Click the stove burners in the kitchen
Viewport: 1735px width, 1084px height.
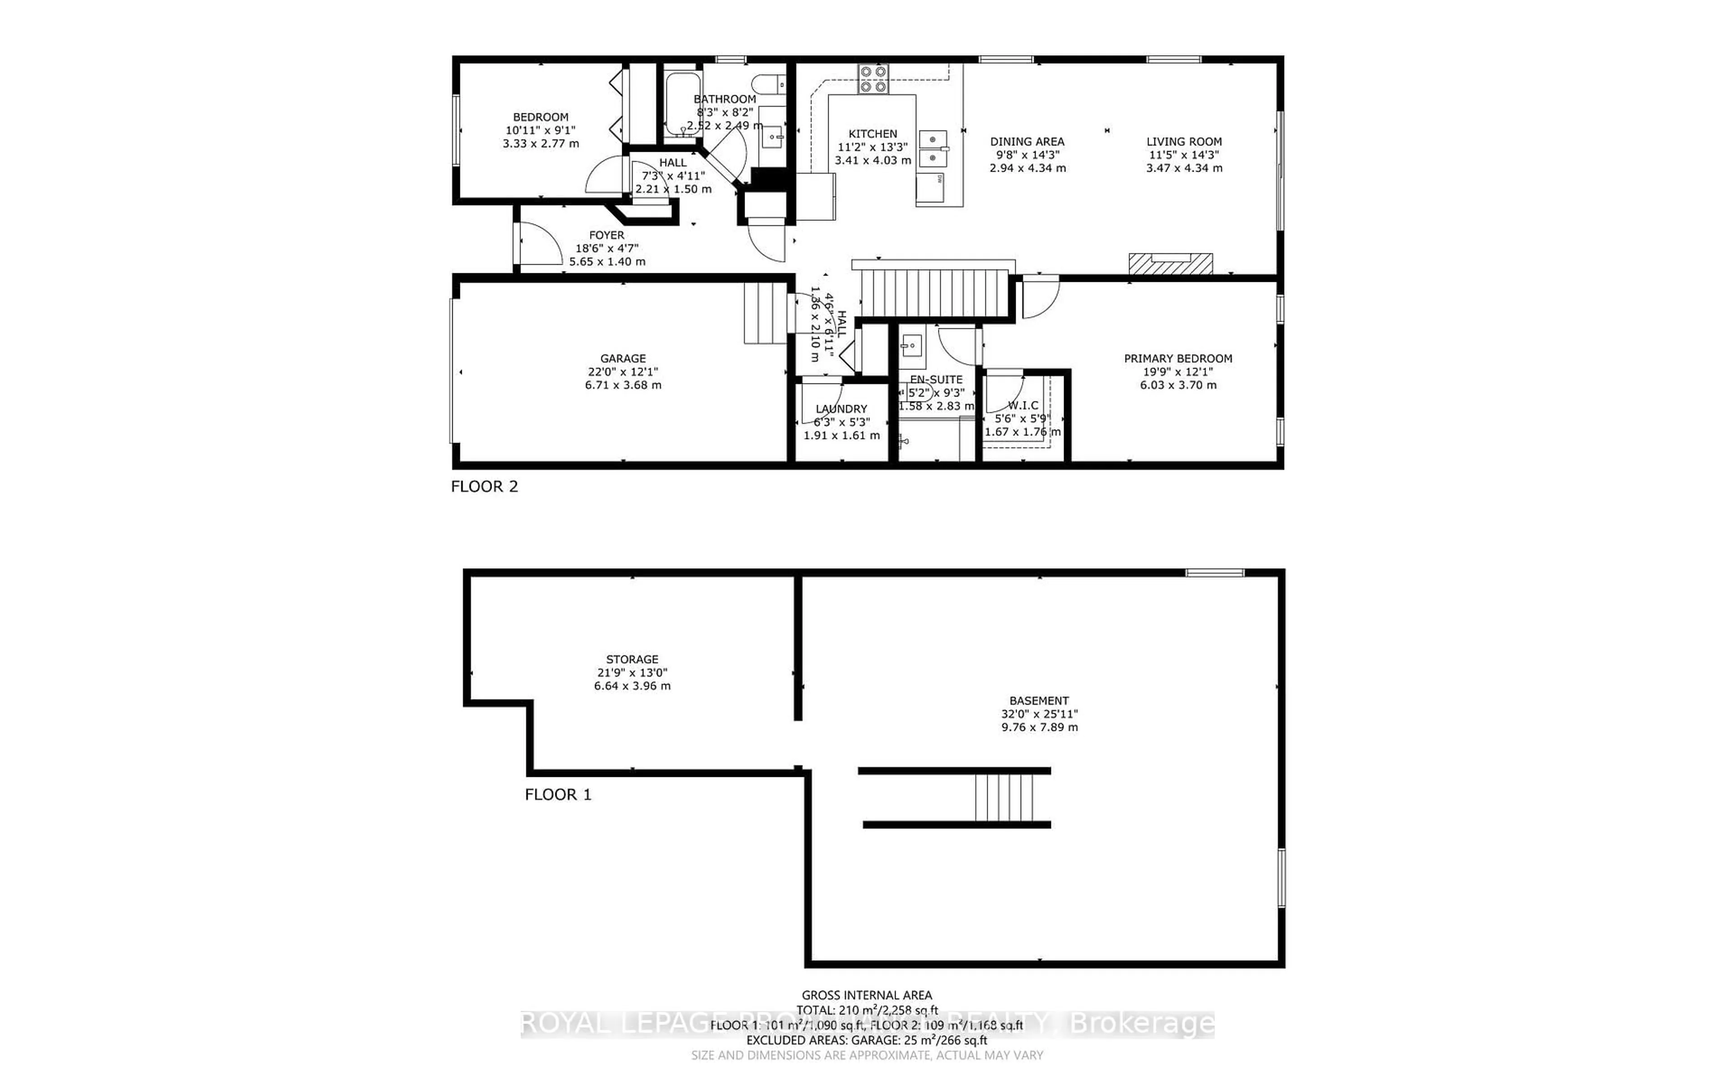point(873,79)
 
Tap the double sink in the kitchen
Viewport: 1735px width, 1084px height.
point(933,149)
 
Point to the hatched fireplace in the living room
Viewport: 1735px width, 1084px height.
point(1170,263)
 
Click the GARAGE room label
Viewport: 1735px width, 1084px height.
point(623,359)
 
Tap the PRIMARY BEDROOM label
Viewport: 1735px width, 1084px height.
point(1178,359)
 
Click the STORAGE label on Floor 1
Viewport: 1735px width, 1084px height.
point(632,659)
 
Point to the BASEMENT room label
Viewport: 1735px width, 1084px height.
point(1039,701)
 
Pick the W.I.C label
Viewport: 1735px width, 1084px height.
point(1022,406)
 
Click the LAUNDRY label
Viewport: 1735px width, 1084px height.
point(841,409)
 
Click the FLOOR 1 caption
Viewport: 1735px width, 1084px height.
point(558,794)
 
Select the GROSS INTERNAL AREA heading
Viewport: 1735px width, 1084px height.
point(866,995)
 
